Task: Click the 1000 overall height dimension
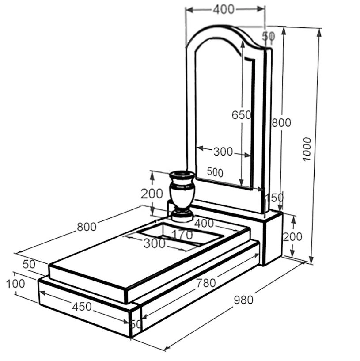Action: click(x=307, y=149)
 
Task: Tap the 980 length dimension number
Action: click(x=243, y=300)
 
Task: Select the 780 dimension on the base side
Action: click(x=206, y=283)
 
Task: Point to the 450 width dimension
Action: click(x=82, y=307)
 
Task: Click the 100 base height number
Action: click(x=15, y=284)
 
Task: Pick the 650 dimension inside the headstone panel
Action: click(x=241, y=115)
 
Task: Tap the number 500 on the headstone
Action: click(x=215, y=172)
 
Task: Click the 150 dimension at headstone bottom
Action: click(x=275, y=198)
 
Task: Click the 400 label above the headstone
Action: click(x=224, y=9)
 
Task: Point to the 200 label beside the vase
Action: click(x=152, y=194)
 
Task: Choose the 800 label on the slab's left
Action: click(x=87, y=227)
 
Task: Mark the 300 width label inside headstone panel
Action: click(x=223, y=152)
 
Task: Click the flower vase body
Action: click(x=182, y=190)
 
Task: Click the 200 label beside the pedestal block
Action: click(x=292, y=236)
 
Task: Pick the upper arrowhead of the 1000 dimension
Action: click(x=319, y=33)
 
